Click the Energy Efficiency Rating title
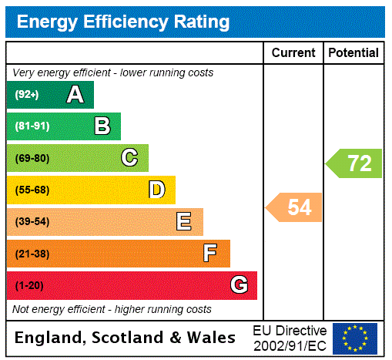(123, 22)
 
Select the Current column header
(293, 53)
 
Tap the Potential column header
(353, 53)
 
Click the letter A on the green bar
(75, 96)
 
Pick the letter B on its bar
(102, 126)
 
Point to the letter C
(129, 158)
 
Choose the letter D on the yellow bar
(156, 190)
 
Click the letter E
(184, 222)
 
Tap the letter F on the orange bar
(210, 253)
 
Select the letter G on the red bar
(239, 285)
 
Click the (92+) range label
(27, 96)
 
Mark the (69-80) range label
(32, 159)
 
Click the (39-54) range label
(32, 222)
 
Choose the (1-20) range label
(29, 286)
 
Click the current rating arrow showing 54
(295, 207)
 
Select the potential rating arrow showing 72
(355, 163)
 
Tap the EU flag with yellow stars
(355, 338)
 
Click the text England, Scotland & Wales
(126, 338)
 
